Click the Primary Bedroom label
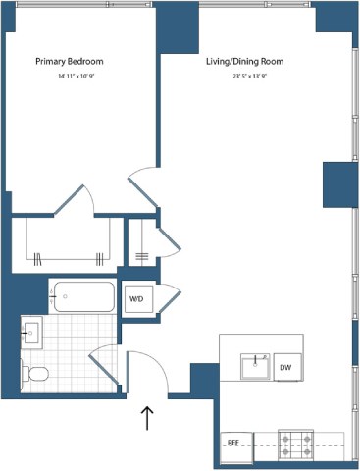[x=69, y=62]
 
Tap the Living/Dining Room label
[x=244, y=62]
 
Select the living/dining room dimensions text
[x=244, y=76]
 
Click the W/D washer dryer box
[x=136, y=299]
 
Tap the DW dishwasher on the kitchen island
[x=285, y=367]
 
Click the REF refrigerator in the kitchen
[x=233, y=443]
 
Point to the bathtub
[x=83, y=296]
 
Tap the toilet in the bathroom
[x=36, y=374]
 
